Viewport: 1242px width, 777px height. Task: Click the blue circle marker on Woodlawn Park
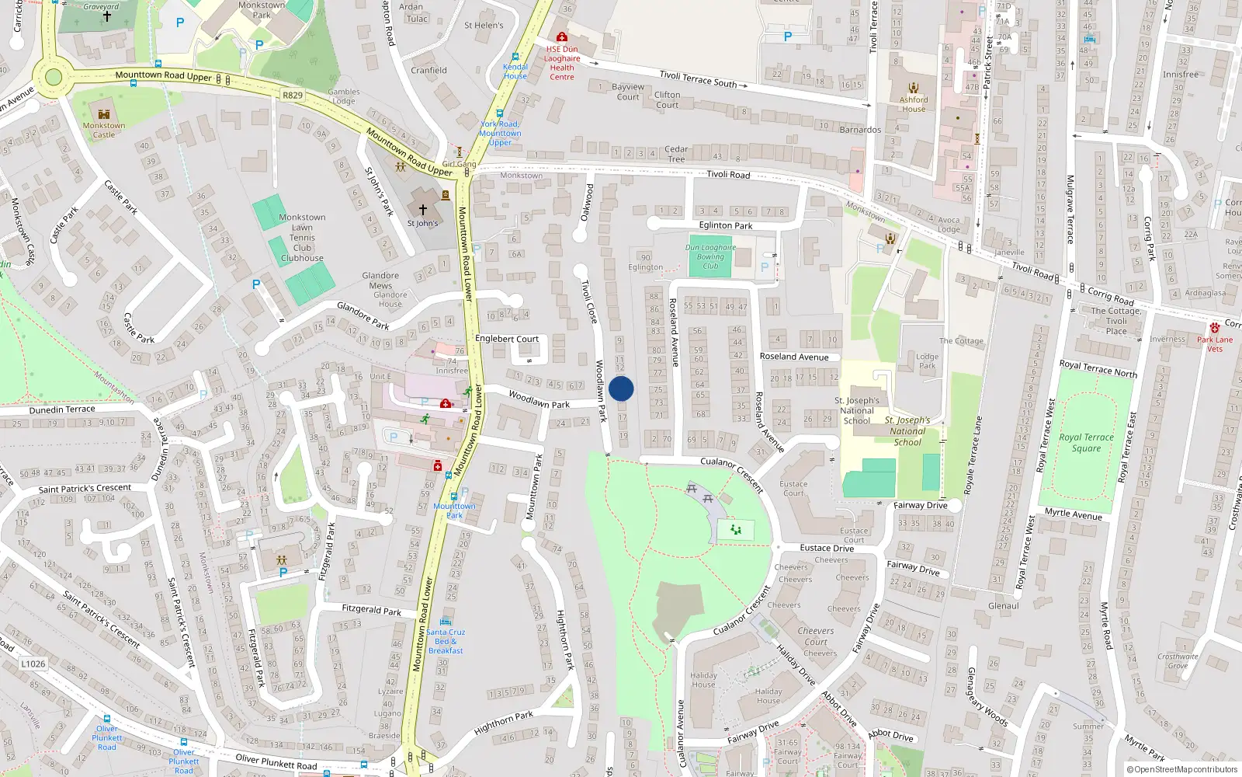point(621,388)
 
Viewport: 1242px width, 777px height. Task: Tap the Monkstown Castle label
point(104,130)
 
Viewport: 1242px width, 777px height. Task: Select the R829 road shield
point(293,96)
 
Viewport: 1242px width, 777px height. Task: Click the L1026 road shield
point(33,664)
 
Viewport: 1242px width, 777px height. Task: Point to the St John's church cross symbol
point(423,210)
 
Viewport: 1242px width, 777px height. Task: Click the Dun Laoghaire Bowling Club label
point(710,256)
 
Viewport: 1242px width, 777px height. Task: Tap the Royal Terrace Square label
point(1086,443)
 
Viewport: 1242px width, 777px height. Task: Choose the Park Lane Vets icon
point(1215,329)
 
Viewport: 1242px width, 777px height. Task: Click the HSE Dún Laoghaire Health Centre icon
point(562,37)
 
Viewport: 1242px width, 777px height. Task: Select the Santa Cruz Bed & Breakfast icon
point(446,622)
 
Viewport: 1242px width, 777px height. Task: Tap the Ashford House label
point(914,104)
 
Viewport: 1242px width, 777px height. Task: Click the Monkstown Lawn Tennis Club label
point(302,238)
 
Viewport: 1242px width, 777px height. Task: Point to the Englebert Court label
point(507,339)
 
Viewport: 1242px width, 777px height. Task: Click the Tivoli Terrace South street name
point(698,79)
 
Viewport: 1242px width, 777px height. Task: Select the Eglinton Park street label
point(726,225)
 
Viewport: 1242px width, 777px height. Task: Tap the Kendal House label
point(515,71)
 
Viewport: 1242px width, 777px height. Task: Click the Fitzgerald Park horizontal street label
point(372,610)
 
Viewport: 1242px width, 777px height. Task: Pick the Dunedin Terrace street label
point(62,409)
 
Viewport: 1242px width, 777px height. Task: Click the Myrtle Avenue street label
point(1074,514)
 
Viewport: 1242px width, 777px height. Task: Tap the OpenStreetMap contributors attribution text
point(1182,769)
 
